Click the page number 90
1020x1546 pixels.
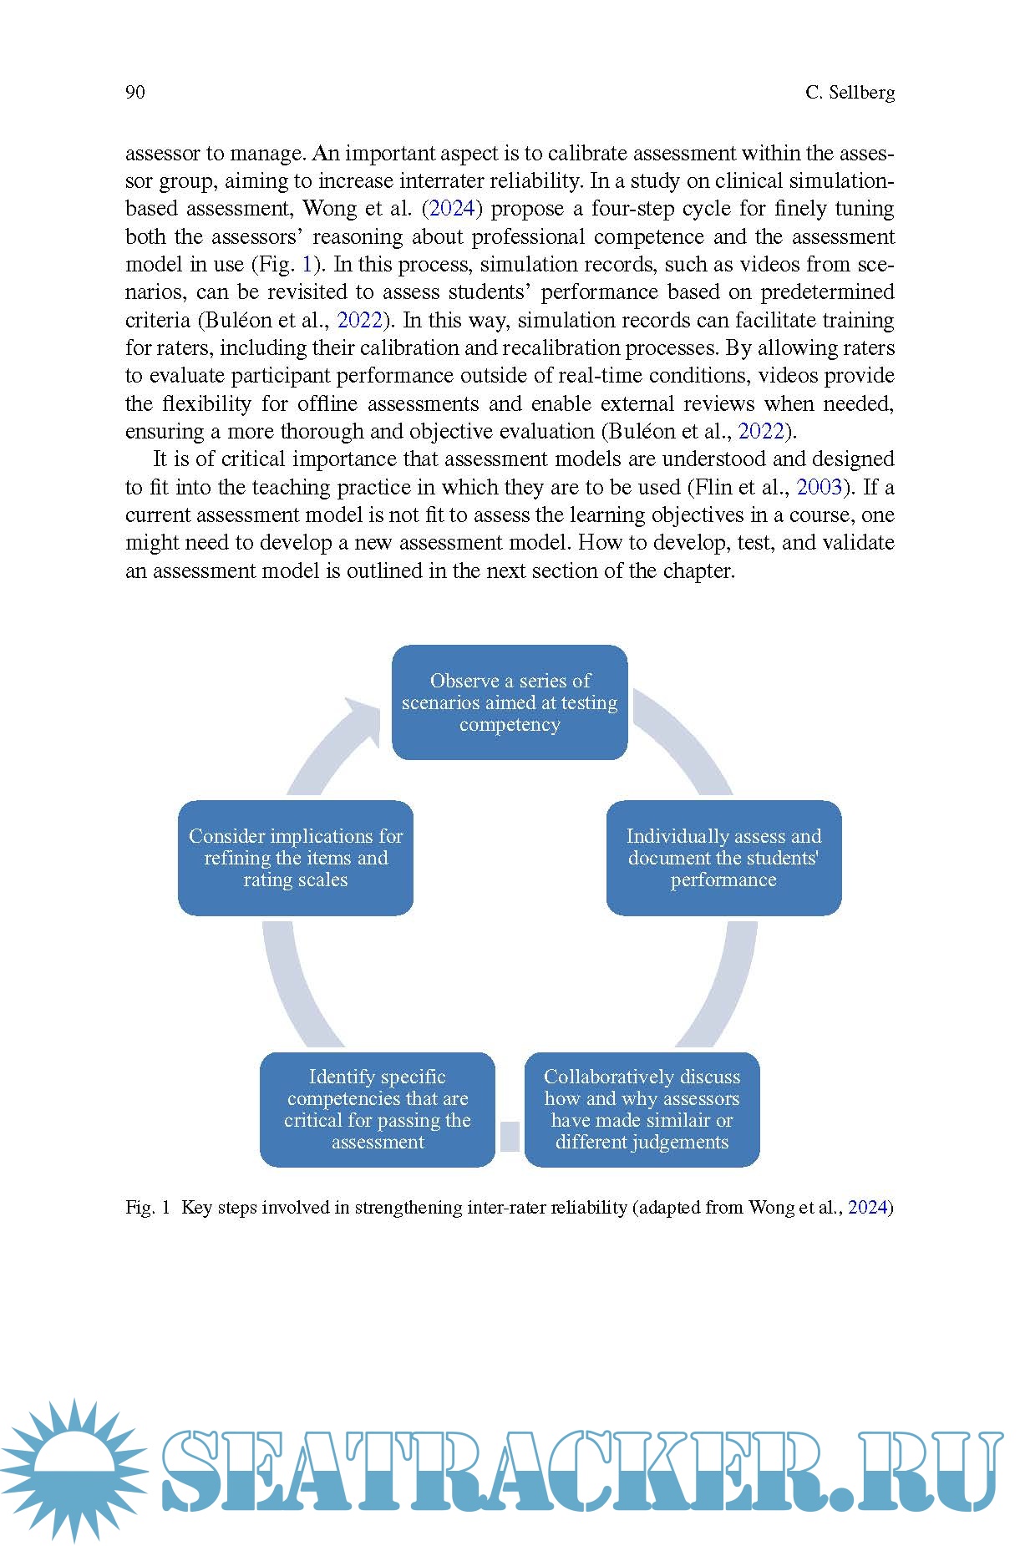pyautogui.click(x=134, y=92)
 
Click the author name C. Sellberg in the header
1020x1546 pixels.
pyautogui.click(x=850, y=92)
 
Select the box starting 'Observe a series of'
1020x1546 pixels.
pyautogui.click(x=510, y=702)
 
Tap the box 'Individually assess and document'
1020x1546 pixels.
pyautogui.click(x=723, y=858)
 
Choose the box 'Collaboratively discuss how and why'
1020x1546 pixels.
pyautogui.click(x=642, y=1109)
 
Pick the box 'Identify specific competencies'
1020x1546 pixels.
pyautogui.click(x=378, y=1109)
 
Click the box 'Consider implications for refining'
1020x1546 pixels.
pyautogui.click(x=296, y=858)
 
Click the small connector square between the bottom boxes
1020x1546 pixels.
pyautogui.click(x=510, y=1136)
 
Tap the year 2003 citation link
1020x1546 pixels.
pyautogui.click(x=820, y=487)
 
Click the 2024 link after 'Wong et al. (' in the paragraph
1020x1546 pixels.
pyautogui.click(x=452, y=209)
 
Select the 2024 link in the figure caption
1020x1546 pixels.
pyautogui.click(x=867, y=1207)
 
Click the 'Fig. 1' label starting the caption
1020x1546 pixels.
pyautogui.click(x=148, y=1207)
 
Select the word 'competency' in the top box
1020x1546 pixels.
pyautogui.click(x=510, y=724)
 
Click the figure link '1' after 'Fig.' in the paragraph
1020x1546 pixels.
pyautogui.click(x=307, y=265)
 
